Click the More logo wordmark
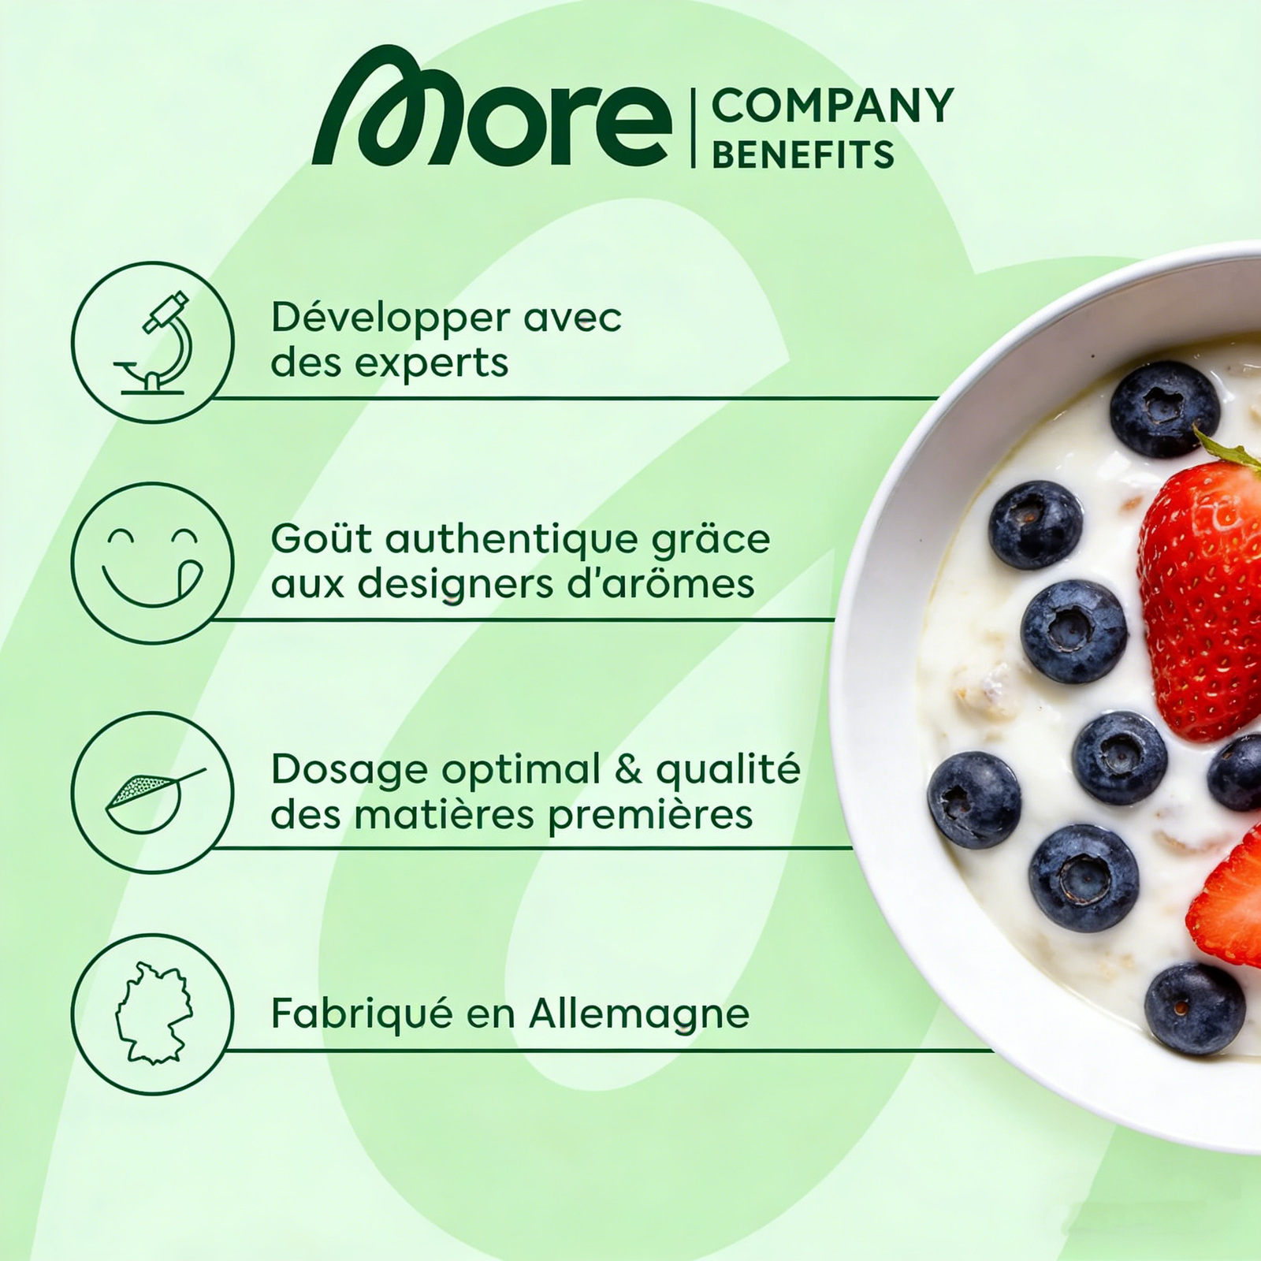492,107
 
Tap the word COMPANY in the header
832,106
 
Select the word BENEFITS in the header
803,154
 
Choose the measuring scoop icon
154,799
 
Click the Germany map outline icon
154,1013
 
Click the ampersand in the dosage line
628,769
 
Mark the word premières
650,815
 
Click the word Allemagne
639,1015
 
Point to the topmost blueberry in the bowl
1165,408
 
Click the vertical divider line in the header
693,128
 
